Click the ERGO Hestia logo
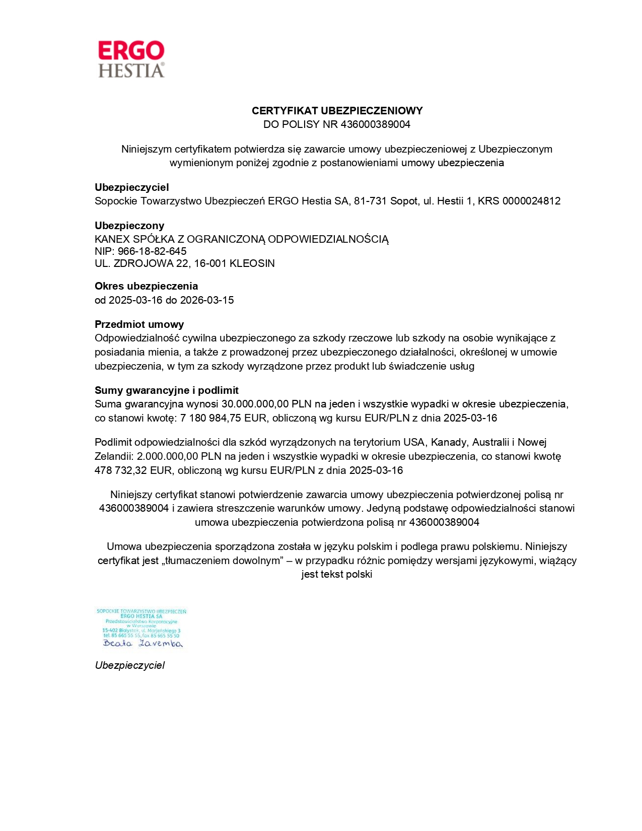131,59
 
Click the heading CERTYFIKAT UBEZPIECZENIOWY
337,111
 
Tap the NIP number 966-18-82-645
152,251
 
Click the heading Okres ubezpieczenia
146,286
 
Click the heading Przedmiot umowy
139,324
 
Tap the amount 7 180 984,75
211,418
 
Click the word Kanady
449,442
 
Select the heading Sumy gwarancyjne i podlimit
166,390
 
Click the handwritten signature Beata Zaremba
142,644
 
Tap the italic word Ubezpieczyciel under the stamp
129,665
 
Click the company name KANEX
112,239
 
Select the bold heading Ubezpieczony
129,226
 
